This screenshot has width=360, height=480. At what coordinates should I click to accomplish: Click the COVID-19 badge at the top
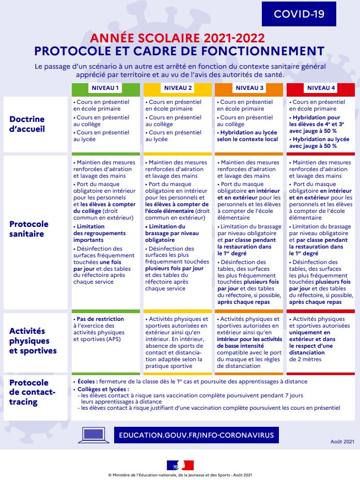[299, 14]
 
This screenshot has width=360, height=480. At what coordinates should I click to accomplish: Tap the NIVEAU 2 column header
[178, 88]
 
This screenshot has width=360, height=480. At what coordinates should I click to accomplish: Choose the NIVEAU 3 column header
[249, 88]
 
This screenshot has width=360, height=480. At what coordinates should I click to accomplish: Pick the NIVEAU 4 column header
[321, 88]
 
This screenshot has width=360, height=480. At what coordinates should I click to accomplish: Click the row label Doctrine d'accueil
[27, 124]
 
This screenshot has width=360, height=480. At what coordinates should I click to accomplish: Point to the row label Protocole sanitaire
[29, 229]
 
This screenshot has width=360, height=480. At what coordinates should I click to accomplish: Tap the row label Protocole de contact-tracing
[29, 392]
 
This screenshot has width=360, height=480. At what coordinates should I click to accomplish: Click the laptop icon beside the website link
[92, 435]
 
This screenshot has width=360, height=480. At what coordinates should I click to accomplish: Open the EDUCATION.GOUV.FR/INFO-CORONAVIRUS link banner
[196, 435]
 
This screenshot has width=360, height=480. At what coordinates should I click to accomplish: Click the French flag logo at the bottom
[180, 464]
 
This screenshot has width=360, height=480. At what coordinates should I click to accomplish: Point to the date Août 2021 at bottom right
[342, 442]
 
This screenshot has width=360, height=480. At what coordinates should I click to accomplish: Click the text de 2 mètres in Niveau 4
[305, 359]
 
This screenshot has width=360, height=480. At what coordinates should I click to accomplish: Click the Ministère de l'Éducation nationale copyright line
[180, 475]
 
